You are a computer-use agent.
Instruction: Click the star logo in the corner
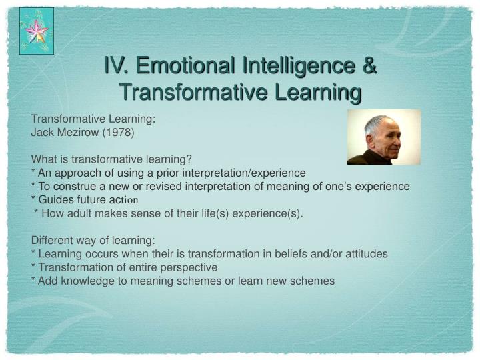click(x=37, y=31)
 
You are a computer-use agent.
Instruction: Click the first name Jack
click(x=43, y=132)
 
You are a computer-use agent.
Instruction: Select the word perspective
click(x=189, y=267)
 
